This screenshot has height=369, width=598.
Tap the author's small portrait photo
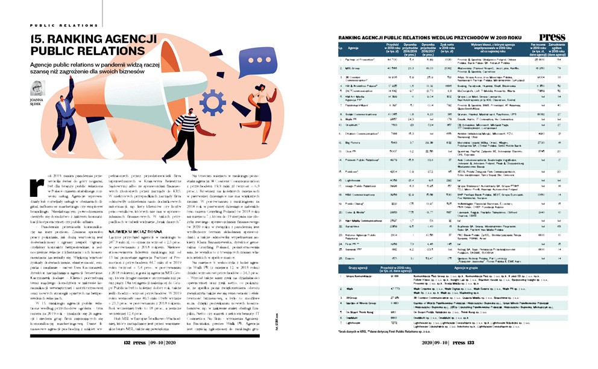[x=37, y=86]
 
